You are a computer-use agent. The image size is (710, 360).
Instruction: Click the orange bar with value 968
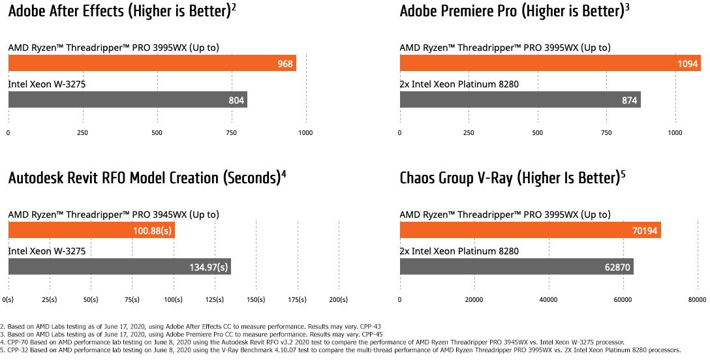pos(152,63)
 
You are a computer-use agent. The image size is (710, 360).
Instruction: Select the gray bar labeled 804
pos(127,100)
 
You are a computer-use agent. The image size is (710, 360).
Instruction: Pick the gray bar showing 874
pos(519,100)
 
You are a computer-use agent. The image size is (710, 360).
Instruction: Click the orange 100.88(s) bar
pos(91,231)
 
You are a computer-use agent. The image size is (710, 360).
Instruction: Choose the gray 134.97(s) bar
pos(119,267)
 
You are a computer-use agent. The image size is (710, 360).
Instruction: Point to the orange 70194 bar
pos(530,231)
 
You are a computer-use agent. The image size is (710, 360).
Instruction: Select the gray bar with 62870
pos(516,267)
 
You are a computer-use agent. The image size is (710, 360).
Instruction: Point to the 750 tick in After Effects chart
pos(232,133)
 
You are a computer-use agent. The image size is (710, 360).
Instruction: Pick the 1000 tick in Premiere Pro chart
pos(675,133)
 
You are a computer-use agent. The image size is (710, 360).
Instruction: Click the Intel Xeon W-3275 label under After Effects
pos(47,84)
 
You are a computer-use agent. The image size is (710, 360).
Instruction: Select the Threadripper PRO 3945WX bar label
pos(114,215)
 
